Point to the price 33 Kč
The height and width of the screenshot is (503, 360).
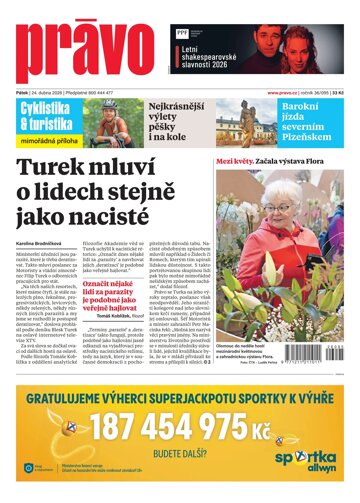point(346,93)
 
